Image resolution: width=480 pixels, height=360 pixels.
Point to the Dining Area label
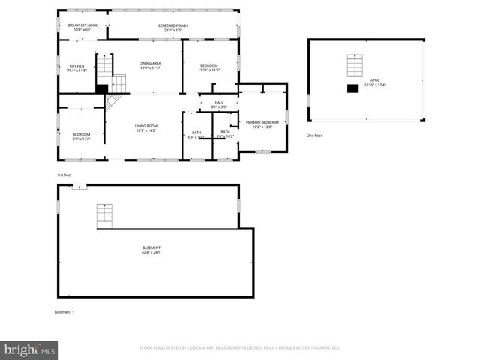(x=150, y=65)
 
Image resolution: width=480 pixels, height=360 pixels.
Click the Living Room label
(x=145, y=128)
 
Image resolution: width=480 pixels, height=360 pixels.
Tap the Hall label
(x=219, y=105)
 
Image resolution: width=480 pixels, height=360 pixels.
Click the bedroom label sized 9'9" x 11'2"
(x=81, y=136)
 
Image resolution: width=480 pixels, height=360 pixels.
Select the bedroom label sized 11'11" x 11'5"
(x=208, y=67)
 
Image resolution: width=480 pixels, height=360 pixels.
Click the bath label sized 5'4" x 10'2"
(x=225, y=134)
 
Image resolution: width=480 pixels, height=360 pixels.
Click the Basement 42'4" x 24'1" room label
(x=151, y=250)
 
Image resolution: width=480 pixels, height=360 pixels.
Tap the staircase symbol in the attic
(x=352, y=66)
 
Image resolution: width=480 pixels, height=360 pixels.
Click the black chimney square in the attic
(x=352, y=88)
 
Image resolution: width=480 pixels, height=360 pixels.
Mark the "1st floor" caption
(x=64, y=175)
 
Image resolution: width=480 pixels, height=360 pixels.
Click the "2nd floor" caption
(x=314, y=136)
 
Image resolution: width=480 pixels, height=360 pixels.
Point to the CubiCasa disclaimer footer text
(x=240, y=348)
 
